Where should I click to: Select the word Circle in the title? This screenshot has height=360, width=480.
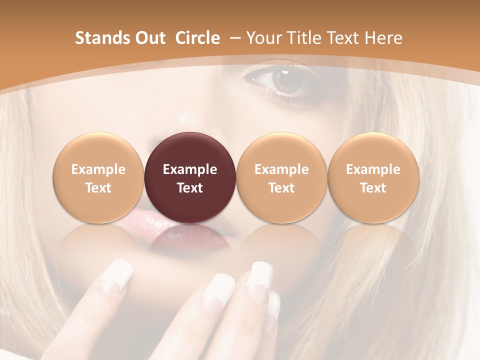pyautogui.click(x=197, y=38)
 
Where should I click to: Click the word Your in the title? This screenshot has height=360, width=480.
pyautogui.click(x=262, y=38)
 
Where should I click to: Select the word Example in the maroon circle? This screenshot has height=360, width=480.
pyautogui.click(x=189, y=169)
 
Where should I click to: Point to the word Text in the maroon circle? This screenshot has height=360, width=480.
pyautogui.click(x=189, y=188)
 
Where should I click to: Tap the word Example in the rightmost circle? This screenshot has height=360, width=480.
pyautogui.click(x=373, y=169)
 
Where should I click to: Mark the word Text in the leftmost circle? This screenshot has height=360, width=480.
pyautogui.click(x=98, y=188)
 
